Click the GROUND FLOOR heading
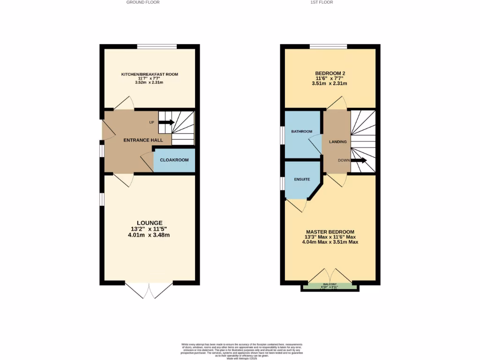[x=143, y=2]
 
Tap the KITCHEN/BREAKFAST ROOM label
[x=150, y=74]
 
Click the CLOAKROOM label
[x=174, y=160]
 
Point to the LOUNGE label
[x=150, y=223]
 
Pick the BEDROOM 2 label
[x=330, y=74]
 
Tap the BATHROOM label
[x=301, y=131]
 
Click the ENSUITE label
[x=302, y=179]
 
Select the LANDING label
[x=337, y=142]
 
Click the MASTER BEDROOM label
[x=330, y=232]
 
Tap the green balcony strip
[x=330, y=286]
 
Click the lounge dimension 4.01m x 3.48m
[x=150, y=235]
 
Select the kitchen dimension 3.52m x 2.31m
[x=150, y=82]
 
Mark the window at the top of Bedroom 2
[x=328, y=46]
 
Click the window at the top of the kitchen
[x=157, y=46]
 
